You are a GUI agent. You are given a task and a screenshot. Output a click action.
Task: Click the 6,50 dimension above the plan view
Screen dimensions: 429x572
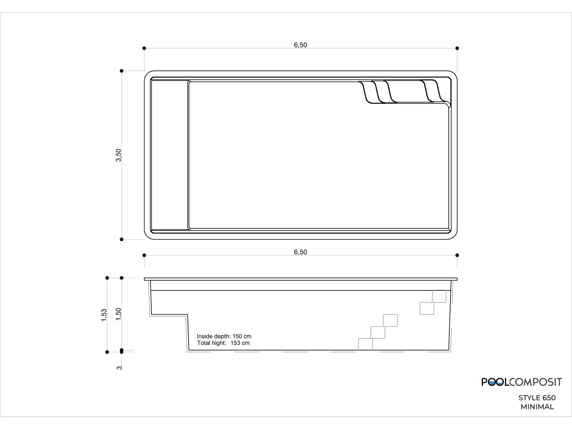pos(300,45)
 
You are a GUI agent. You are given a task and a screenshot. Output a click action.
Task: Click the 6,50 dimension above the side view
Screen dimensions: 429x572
pos(300,252)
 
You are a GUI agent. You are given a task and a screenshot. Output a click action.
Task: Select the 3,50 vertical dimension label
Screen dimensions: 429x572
pos(119,155)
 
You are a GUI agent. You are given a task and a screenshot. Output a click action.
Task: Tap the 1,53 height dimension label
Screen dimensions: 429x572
pos(104,315)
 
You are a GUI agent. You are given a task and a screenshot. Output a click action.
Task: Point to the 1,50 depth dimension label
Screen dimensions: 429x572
pos(119,314)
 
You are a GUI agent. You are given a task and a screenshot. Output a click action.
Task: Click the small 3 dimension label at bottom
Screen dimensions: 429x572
pos(119,368)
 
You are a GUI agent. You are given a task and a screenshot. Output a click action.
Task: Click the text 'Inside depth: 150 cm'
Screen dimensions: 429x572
pos(224,336)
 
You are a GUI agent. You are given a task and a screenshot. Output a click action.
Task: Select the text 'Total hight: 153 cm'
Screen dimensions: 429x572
pos(223,343)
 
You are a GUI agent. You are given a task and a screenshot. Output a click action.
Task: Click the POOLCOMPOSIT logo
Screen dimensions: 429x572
pos(521,382)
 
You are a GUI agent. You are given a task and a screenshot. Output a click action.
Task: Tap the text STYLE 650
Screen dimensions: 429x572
pos(537,398)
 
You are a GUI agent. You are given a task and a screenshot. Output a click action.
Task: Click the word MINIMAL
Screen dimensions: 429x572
pos(537,407)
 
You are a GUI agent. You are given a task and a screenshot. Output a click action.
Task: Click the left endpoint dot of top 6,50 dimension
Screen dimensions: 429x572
pos(144,48)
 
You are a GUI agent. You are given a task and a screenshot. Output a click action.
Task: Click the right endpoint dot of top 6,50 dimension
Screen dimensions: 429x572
pos(457,48)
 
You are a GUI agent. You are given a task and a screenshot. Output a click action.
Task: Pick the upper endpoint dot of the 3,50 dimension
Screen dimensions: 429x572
pos(122,71)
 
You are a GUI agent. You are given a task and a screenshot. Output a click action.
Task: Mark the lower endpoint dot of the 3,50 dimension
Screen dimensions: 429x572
pos(122,239)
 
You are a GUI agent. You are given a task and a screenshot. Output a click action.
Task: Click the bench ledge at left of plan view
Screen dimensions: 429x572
pos(170,155)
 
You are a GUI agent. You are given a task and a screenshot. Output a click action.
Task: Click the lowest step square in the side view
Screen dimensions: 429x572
pos(366,344)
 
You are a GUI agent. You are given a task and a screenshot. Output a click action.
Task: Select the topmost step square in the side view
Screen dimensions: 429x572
pos(439,296)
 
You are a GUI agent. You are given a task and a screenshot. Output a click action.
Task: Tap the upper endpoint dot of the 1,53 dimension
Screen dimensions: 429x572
pos(107,278)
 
